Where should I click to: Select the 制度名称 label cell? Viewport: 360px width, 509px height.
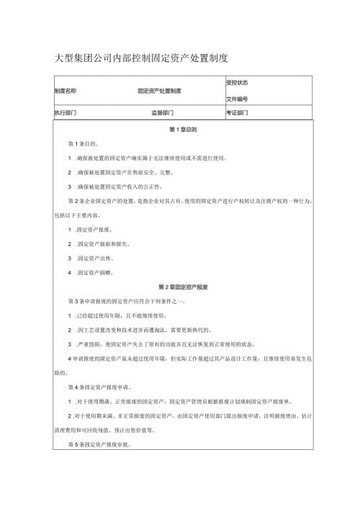click(66, 91)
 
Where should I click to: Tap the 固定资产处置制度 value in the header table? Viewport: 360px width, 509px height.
click(159, 91)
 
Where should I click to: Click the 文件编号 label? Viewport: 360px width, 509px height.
click(237, 99)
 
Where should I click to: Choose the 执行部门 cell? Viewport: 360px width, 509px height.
click(66, 113)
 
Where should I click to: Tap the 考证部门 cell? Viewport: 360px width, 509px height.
click(237, 113)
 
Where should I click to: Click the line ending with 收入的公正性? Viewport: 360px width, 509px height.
click(120, 186)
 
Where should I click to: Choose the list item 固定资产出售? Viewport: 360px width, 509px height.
click(94, 258)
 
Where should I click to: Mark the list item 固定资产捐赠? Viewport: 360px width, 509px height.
click(94, 272)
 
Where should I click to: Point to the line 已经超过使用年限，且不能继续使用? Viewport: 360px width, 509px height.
click(120, 315)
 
